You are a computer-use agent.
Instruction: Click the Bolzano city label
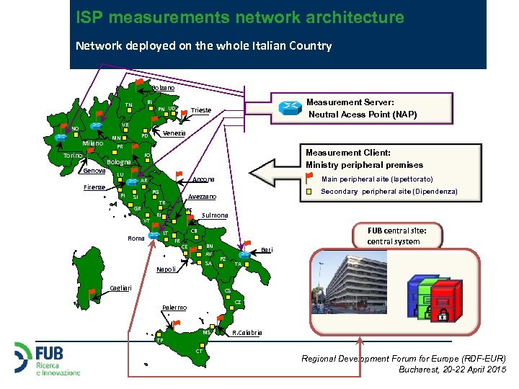pos(163,88)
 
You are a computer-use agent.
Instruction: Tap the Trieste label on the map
pos(201,110)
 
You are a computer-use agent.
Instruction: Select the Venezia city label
pos(174,133)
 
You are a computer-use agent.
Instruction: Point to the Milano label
pos(93,143)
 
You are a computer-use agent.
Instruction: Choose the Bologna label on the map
pos(118,162)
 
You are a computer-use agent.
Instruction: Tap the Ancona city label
pos(204,179)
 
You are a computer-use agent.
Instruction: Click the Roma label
pos(136,238)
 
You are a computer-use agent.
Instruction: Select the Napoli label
pos(166,269)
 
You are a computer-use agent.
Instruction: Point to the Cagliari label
pos(120,288)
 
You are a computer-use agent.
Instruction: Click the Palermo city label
pos(174,308)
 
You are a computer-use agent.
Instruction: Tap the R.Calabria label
pos(247,333)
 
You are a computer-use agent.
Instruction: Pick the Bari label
pos(267,249)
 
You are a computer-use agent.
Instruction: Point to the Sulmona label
pos(215,215)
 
